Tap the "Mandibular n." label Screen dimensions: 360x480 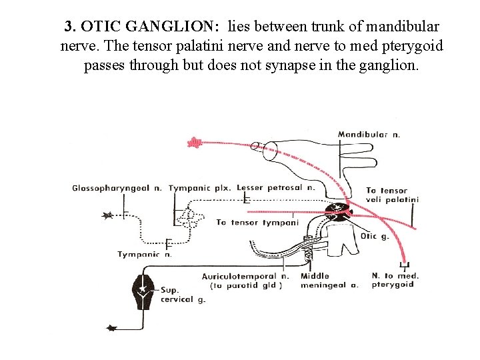369,134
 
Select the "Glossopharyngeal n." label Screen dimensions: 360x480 117,189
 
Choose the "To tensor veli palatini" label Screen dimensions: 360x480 392,195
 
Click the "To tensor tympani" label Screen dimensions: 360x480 257,223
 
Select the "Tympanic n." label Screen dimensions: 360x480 145,254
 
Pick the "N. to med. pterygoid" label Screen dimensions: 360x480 395,280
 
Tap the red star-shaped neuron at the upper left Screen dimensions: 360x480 194,141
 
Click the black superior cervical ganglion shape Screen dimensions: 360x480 144,291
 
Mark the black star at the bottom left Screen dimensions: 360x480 111,327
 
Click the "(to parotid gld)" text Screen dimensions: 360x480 246,285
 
